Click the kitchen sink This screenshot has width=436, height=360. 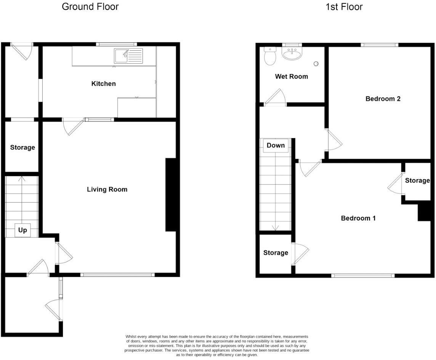(128, 56)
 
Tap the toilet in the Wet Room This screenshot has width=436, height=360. (270, 56)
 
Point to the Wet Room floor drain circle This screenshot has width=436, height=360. (316, 64)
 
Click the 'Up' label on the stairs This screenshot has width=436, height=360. (22, 230)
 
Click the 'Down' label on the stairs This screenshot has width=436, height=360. (276, 145)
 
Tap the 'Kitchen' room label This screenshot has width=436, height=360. (103, 84)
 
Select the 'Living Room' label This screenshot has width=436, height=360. (107, 189)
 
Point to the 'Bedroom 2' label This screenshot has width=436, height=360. (383, 99)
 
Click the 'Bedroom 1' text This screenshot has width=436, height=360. (358, 218)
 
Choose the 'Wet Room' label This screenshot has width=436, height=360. (291, 76)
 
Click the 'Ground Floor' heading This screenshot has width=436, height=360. (90, 6)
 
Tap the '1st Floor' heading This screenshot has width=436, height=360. (344, 6)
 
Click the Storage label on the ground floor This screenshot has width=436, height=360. (22, 147)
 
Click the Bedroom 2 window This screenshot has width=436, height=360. (380, 45)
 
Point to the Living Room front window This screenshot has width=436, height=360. (117, 274)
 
